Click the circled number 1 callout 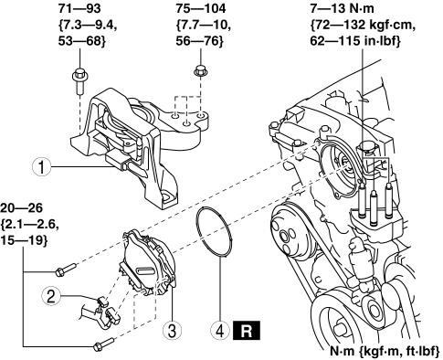point(42,167)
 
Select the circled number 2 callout point(51,296)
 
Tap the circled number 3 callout point(173,331)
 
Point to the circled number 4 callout point(220,331)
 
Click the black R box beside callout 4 point(247,330)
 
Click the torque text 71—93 point(79,8)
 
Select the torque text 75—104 point(201,8)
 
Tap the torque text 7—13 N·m point(342,8)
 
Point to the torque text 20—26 point(21,208)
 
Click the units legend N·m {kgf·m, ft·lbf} point(385,351)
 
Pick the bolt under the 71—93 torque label point(79,80)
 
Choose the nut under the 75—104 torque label point(201,70)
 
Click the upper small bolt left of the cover point(66,270)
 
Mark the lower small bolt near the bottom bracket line point(103,344)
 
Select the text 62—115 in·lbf point(354,41)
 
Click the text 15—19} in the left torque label point(24,240)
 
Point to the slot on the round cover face point(147,270)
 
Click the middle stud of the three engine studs point(374,207)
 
